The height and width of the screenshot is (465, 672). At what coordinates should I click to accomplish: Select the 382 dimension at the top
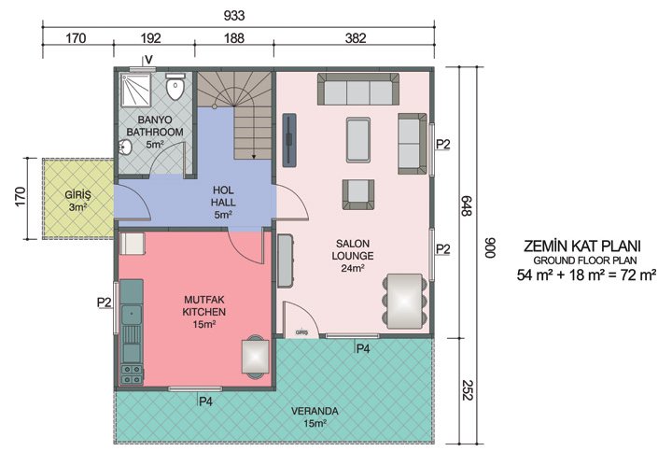[x=355, y=38]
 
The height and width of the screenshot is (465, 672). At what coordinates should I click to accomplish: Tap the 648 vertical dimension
[x=464, y=206]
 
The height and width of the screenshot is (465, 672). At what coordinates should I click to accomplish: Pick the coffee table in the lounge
[x=357, y=141]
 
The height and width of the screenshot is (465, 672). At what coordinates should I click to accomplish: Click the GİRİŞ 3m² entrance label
[x=77, y=200]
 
